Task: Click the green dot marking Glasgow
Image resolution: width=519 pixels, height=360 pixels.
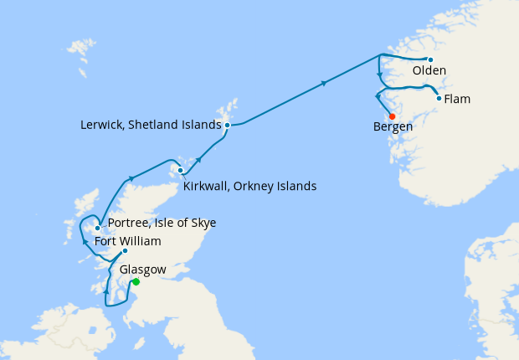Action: [x=136, y=282]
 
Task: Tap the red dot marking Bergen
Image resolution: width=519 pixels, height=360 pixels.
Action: [x=392, y=116]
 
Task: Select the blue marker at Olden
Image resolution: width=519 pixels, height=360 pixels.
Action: [x=430, y=59]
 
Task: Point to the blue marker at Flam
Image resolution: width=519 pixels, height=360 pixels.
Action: [x=439, y=98]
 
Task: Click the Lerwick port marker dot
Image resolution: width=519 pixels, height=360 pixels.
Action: [x=227, y=125]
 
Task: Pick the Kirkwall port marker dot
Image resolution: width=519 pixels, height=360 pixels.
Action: [x=180, y=171]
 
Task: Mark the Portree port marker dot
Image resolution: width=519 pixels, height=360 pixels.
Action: [x=98, y=228]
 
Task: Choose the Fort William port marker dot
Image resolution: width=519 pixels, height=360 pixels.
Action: [x=125, y=251]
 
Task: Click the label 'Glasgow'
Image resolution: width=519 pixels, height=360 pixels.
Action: [x=143, y=270]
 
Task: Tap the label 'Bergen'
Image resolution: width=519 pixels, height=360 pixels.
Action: [x=393, y=127]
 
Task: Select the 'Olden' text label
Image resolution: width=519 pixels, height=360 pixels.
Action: [x=429, y=71]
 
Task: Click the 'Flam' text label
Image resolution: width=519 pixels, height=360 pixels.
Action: [x=457, y=99]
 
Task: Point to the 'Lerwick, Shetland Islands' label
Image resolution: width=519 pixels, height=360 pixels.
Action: [x=152, y=125]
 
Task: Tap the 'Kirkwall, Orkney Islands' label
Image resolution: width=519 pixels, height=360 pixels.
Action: [x=249, y=186]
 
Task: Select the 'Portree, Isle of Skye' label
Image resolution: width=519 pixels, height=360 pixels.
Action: [x=162, y=223]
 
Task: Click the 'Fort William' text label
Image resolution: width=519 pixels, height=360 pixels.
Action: [x=128, y=241]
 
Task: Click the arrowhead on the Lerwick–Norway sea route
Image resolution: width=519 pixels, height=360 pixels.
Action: [x=323, y=83]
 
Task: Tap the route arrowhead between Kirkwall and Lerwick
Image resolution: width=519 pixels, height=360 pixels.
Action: [x=198, y=158]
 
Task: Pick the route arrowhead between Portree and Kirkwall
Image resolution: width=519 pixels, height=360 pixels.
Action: [x=131, y=178]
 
